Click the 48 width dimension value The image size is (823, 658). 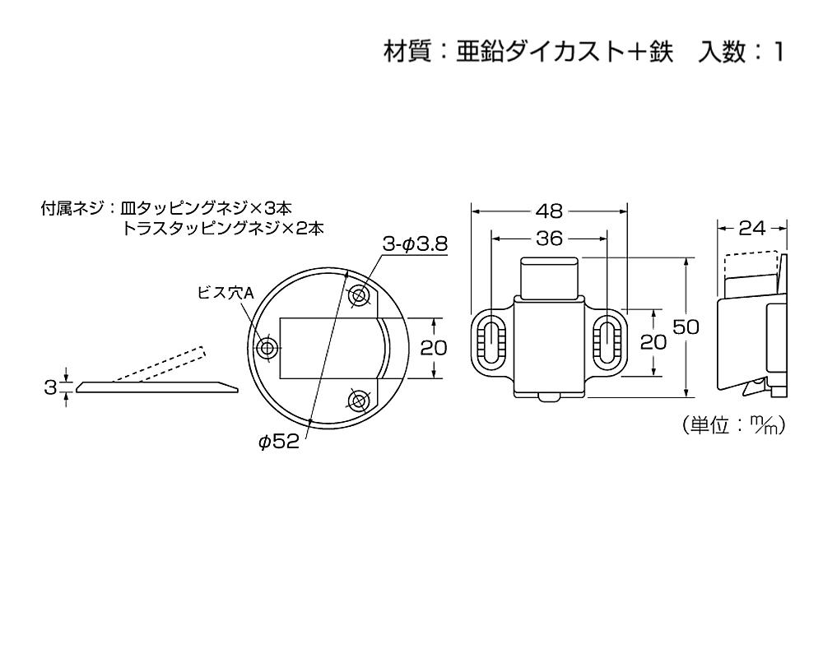[549, 211]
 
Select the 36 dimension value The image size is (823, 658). [550, 239]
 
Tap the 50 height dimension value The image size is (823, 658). [686, 327]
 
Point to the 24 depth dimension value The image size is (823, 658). [752, 229]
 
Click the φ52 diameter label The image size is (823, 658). [279, 442]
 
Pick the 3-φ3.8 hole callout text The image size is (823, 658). [415, 244]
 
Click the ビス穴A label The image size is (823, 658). [226, 293]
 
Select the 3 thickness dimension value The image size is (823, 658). [50, 387]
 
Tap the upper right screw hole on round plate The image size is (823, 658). [359, 295]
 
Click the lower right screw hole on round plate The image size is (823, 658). [359, 401]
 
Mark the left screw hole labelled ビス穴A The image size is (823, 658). [269, 347]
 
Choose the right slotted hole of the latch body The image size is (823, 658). [608, 340]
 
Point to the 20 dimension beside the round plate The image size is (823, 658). [434, 348]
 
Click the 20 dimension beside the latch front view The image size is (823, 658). [653, 342]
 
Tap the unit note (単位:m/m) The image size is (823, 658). [734, 424]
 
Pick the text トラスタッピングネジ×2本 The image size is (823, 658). [222, 229]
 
